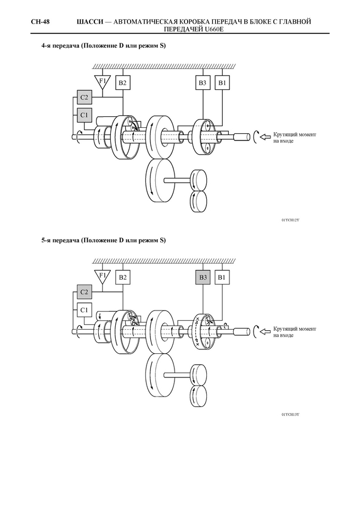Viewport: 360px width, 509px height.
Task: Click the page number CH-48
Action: (40, 22)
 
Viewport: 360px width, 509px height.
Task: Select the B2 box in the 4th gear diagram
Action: (123, 82)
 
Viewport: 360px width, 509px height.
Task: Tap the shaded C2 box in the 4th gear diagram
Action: (85, 97)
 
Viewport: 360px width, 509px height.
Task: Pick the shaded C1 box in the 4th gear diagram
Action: (85, 115)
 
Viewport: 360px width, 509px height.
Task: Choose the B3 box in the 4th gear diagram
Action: (203, 82)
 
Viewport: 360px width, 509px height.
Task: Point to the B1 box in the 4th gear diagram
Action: (222, 82)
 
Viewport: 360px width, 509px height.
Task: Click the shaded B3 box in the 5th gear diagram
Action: (203, 278)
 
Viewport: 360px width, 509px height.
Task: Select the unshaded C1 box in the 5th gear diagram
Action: (85, 310)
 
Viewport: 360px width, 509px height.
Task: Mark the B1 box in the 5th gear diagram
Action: (222, 278)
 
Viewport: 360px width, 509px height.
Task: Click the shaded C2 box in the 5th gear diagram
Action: (85, 292)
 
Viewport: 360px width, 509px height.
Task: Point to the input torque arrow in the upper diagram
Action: (266, 137)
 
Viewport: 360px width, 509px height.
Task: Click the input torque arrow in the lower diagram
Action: (266, 332)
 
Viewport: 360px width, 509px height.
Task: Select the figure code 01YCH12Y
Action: (290, 220)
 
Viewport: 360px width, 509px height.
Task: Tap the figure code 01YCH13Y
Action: (290, 415)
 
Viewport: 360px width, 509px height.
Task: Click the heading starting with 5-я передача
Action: (104, 241)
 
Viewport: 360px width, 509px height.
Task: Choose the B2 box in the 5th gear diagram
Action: (123, 278)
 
